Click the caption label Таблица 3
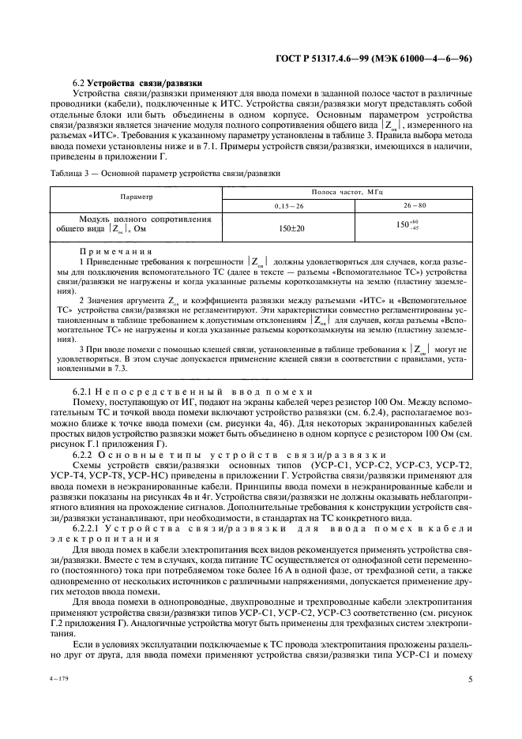point(69,172)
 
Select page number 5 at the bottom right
point(469,677)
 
